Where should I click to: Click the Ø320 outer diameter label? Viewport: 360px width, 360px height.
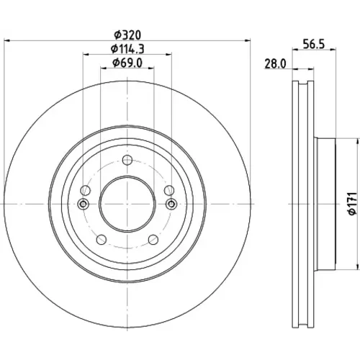(127, 35)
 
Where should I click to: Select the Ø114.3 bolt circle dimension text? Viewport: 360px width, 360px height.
(127, 49)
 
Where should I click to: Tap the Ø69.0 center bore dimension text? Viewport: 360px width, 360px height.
(127, 63)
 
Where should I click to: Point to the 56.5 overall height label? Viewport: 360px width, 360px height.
(314, 45)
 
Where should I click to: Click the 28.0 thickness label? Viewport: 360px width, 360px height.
(275, 64)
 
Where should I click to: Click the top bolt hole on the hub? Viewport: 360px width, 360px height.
(127, 160)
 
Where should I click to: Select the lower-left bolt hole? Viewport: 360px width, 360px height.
(102, 239)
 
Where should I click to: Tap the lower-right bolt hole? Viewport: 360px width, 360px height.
(153, 239)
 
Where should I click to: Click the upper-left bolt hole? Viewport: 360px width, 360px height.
(85, 190)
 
